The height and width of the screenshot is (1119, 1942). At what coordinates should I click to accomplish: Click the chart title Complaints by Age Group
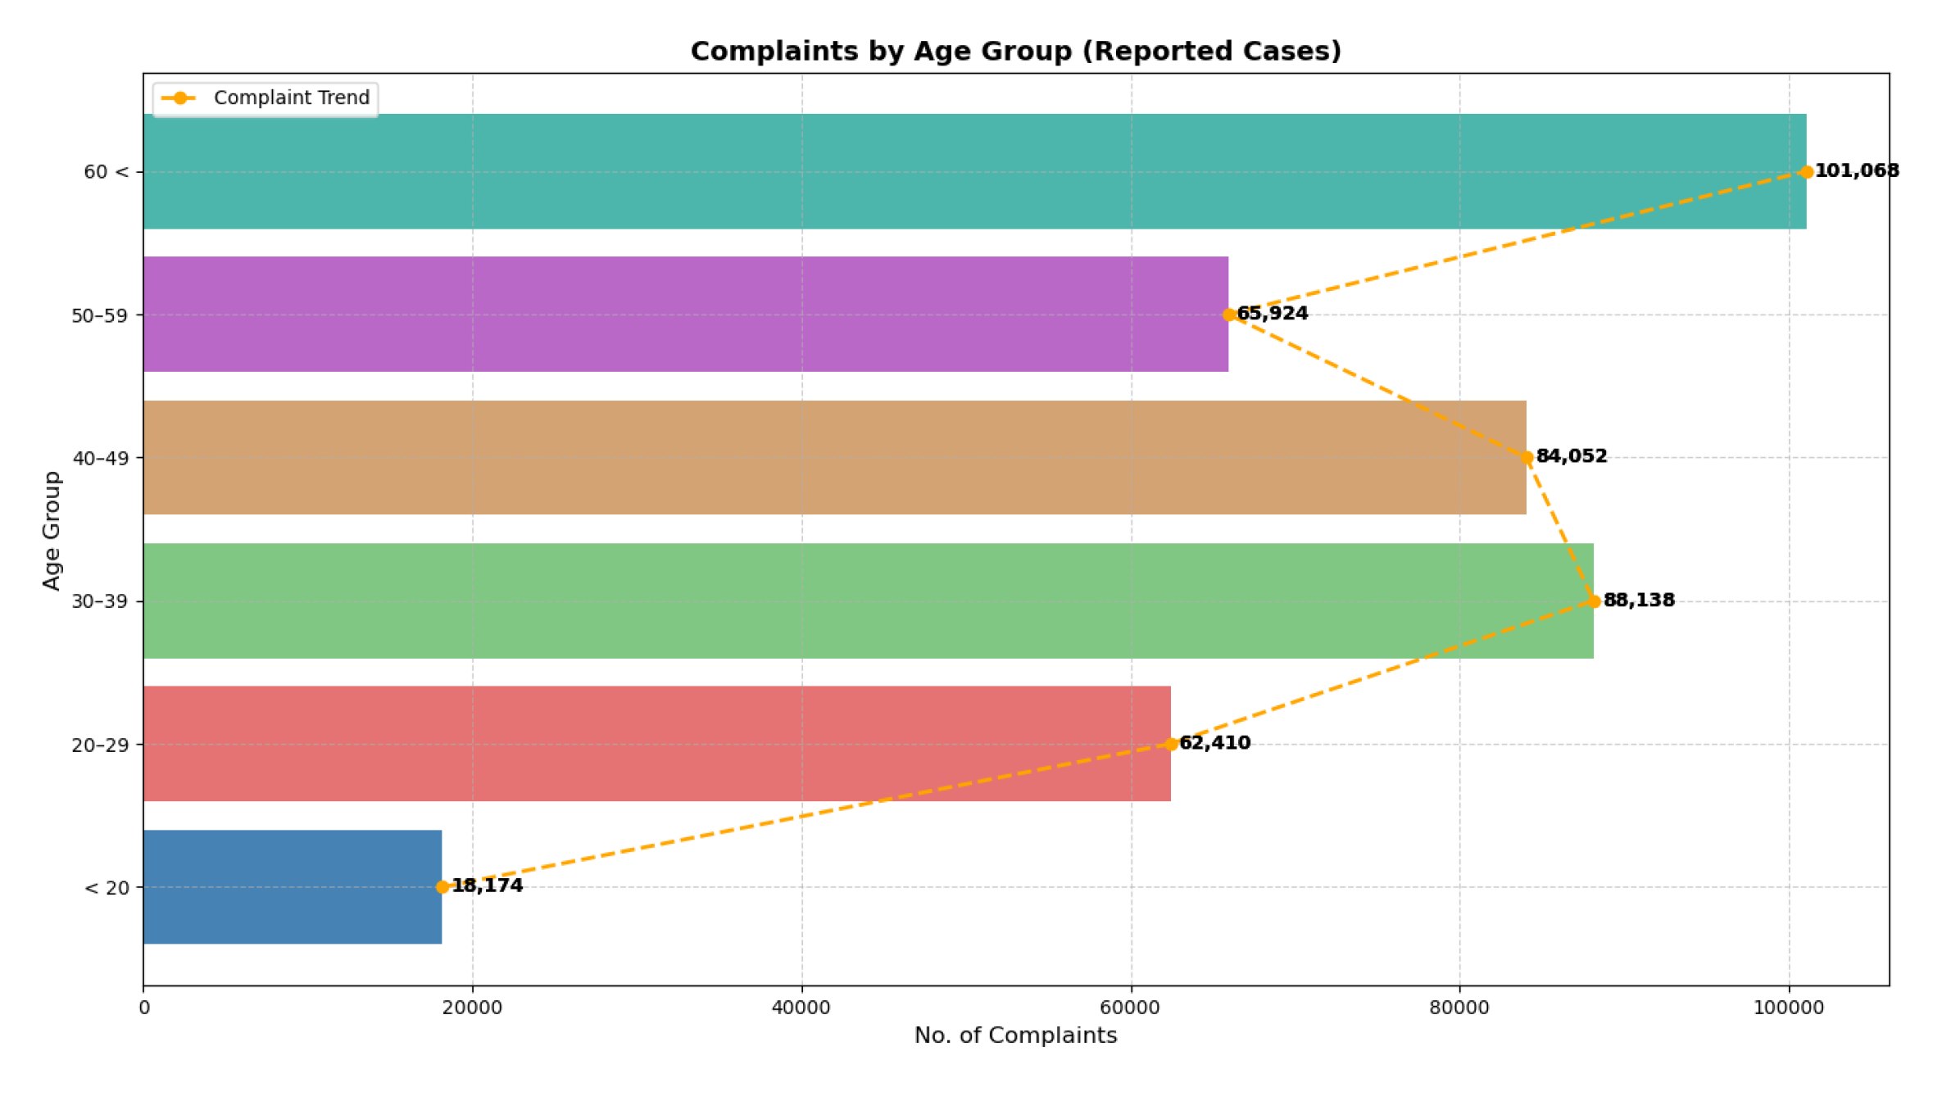coord(1015,51)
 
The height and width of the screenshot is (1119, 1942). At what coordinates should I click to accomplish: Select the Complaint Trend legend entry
coord(265,98)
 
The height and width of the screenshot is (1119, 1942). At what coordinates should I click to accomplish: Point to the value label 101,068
coord(1856,170)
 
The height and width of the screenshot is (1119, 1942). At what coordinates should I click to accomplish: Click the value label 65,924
coord(1272,314)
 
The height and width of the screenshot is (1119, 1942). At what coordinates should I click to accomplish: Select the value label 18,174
coord(487,886)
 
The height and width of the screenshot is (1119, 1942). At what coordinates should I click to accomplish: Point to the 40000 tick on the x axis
coord(801,1008)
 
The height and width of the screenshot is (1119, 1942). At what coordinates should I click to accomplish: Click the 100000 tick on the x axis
coord(1788,1008)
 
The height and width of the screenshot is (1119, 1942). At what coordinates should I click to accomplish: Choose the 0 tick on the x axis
coord(144,1008)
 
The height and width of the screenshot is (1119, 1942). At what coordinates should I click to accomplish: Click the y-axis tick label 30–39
coord(101,601)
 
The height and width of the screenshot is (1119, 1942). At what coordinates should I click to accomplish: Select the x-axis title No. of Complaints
coord(1015,1035)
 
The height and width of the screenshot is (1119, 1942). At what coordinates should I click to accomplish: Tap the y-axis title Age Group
coord(52,530)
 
